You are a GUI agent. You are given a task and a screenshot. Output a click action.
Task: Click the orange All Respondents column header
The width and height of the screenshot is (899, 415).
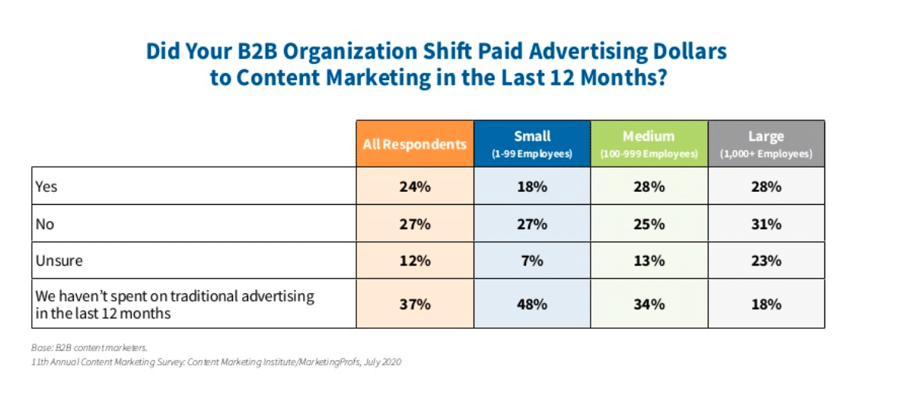tap(415, 143)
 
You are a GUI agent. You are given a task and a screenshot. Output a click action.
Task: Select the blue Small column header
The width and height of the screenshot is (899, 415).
tap(533, 143)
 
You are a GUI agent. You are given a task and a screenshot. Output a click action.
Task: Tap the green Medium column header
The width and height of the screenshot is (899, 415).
tap(649, 143)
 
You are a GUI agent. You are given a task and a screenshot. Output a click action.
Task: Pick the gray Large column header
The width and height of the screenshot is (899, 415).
tap(767, 143)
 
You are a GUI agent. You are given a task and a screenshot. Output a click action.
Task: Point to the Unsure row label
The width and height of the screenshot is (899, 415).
tap(59, 261)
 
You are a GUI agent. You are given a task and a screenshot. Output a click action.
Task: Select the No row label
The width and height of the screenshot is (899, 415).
tap(45, 224)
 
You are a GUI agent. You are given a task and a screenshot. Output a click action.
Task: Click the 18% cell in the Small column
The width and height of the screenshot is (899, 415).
tap(533, 187)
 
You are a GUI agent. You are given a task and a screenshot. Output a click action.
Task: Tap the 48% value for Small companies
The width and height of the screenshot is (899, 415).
tap(533, 305)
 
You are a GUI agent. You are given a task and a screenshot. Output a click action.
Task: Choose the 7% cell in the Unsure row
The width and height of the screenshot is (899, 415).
tap(533, 261)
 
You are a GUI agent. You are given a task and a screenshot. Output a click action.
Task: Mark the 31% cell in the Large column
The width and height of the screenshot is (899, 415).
tap(767, 224)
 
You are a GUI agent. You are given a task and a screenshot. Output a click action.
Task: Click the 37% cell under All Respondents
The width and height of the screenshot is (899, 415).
tap(415, 305)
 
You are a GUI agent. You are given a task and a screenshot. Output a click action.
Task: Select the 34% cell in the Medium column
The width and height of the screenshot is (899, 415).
tap(649, 305)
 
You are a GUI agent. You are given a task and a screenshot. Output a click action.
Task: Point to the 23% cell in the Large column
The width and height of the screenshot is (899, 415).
tap(767, 261)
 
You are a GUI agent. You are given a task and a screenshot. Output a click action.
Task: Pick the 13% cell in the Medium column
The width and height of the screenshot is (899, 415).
tap(649, 261)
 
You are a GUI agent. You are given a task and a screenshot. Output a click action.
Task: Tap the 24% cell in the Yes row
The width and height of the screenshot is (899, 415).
tap(415, 187)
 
